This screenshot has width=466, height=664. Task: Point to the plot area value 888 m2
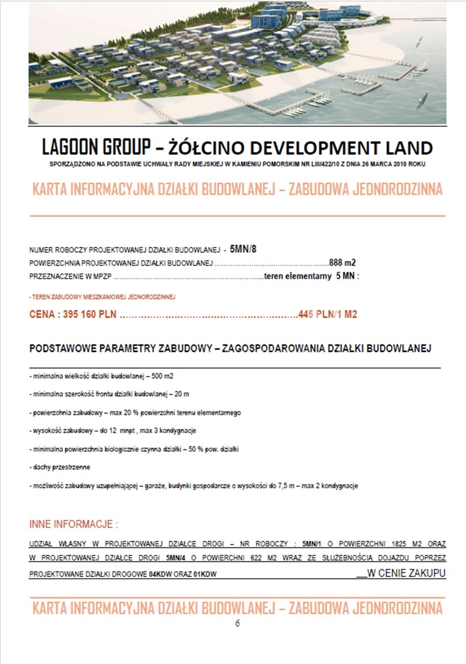(342, 262)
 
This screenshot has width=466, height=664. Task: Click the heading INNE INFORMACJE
(73, 524)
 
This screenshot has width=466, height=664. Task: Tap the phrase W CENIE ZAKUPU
(406, 574)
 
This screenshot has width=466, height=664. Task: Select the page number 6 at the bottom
(238, 623)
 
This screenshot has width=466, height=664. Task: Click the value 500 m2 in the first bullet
(162, 376)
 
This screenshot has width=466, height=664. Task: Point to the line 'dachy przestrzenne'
(59, 467)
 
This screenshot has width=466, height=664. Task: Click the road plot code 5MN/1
(312, 543)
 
